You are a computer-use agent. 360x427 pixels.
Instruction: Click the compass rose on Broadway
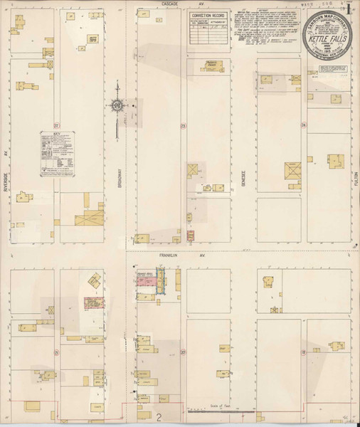coord(117,106)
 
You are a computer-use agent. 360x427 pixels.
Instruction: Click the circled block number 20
coord(183,352)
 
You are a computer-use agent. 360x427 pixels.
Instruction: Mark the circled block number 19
coord(304,352)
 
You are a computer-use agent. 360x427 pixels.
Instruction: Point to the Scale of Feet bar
coord(222,411)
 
